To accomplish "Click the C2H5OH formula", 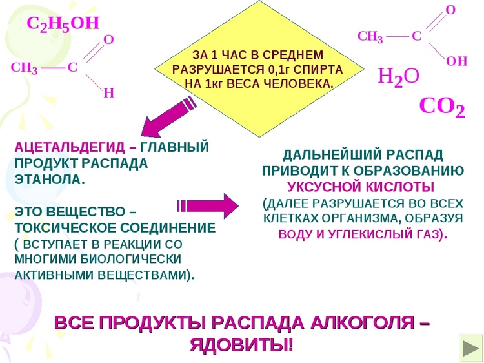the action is pos(63,24).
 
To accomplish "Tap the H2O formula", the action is pos(399,77).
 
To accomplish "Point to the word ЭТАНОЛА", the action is pos(50,180).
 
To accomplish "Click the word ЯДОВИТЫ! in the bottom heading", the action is pos(241,346).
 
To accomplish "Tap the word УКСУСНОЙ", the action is pos(325,187).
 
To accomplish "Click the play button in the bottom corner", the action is pos(470,349).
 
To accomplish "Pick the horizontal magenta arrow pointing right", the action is pos(207,206).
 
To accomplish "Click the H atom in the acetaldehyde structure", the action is pos(108,93).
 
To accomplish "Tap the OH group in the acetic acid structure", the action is pos(457,61).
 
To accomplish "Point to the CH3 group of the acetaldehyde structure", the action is pos(25,68).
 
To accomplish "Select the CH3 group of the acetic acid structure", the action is pos(370,37).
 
